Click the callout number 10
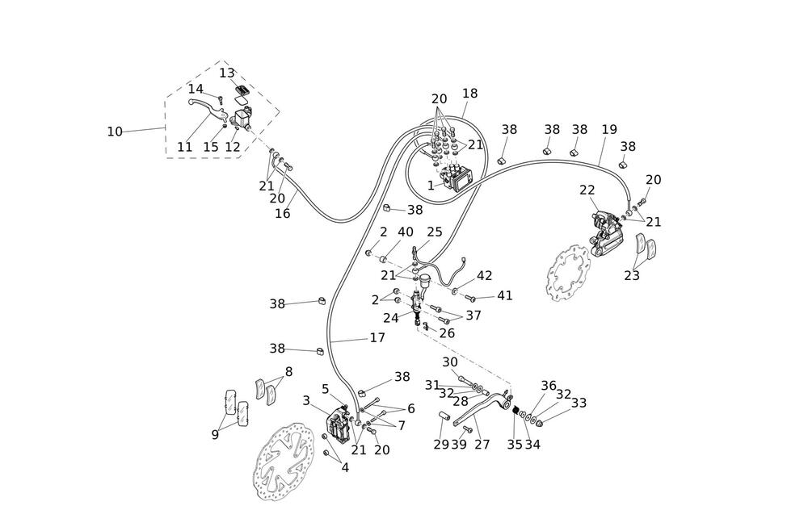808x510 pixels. coord(115,132)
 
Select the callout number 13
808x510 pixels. coord(227,73)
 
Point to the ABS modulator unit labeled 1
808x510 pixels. coord(458,176)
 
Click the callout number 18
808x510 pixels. coord(469,94)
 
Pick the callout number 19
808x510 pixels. coord(609,129)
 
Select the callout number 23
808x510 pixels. coord(632,275)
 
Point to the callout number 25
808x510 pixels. coord(435,232)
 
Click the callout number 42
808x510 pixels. coord(484,275)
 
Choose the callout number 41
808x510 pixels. coord(505,296)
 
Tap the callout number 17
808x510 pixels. coord(377,338)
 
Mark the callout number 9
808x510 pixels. coord(215,435)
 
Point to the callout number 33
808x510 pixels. coord(579,403)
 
